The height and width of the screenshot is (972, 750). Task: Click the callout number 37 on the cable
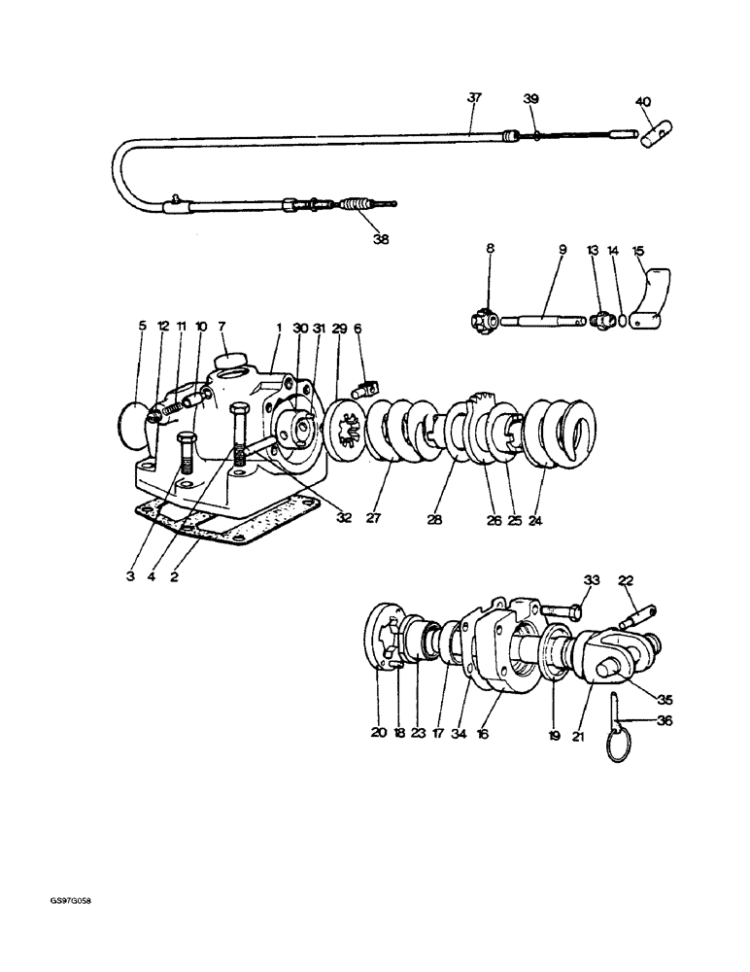[473, 98]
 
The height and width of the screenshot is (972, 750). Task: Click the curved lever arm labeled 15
[653, 296]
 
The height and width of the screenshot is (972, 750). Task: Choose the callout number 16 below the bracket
[483, 734]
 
